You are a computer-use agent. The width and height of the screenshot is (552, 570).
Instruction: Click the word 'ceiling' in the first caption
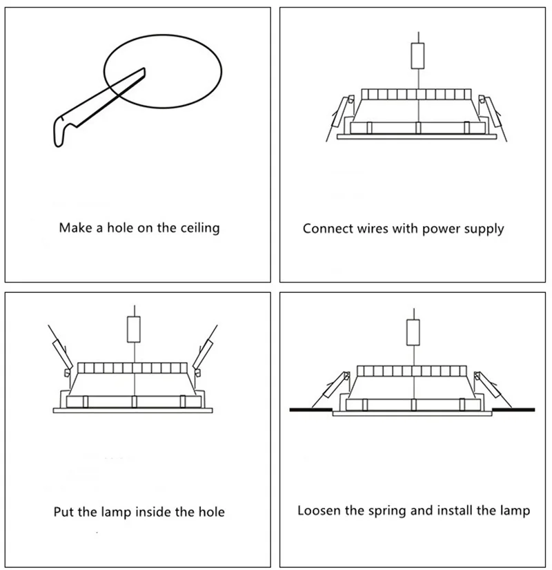[x=197, y=227]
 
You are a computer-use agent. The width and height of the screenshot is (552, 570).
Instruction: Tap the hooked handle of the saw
[x=60, y=130]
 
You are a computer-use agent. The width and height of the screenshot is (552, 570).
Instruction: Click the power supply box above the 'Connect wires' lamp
[x=417, y=56]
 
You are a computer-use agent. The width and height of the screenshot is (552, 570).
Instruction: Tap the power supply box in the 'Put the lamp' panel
[x=135, y=328]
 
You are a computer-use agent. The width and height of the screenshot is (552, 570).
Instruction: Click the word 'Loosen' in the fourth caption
[x=319, y=511]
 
